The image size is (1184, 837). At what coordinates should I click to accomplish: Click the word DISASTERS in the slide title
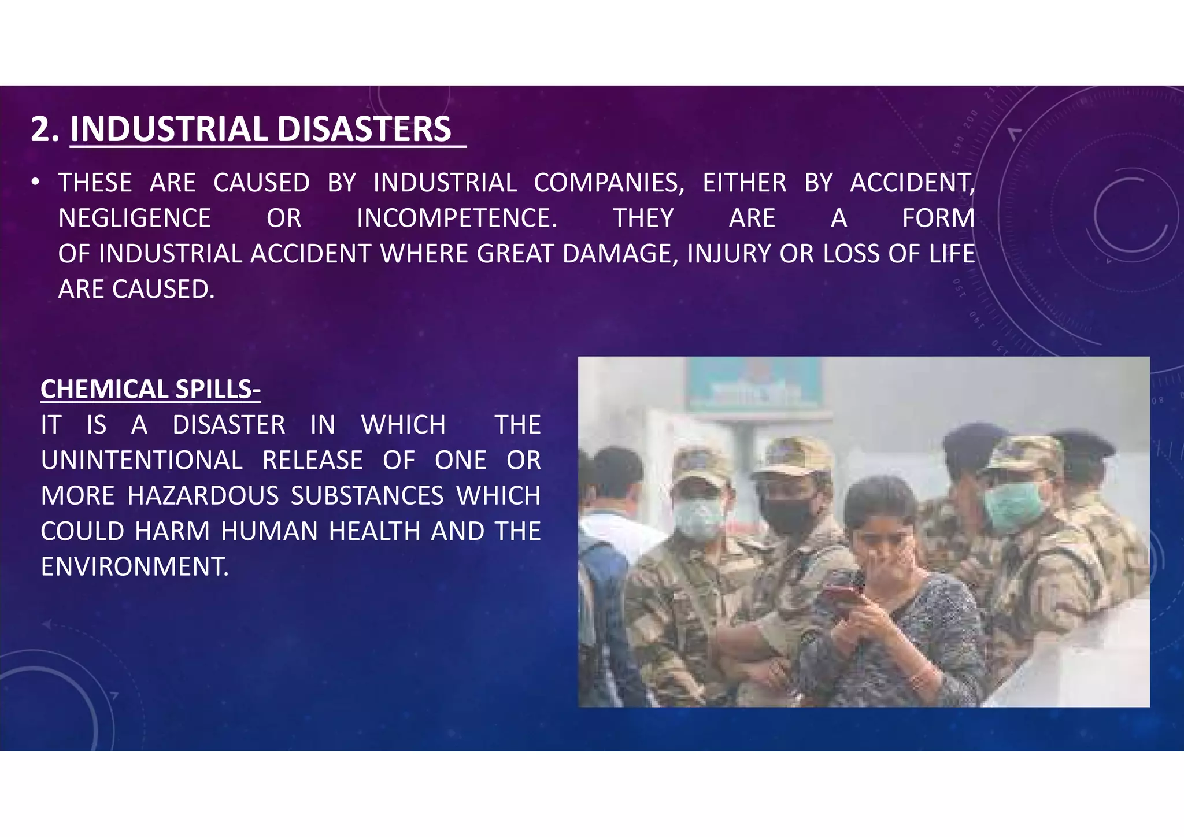point(364,129)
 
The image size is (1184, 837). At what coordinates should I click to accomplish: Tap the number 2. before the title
point(45,129)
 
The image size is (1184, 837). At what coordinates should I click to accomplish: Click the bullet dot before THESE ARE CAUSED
point(36,183)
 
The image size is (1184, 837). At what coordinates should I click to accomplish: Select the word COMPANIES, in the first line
point(609,183)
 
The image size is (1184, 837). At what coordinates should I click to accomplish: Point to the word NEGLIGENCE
point(135,218)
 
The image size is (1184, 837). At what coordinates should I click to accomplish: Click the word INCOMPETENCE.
point(457,218)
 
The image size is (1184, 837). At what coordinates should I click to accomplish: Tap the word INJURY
point(729,254)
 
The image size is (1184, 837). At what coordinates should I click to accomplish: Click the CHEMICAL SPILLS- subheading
point(150,389)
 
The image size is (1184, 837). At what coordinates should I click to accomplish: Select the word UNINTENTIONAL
point(142,461)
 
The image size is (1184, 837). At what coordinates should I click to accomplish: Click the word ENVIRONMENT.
point(135,567)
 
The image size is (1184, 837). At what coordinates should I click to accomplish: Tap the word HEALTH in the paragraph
point(375,532)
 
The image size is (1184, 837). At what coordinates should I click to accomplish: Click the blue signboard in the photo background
point(754,384)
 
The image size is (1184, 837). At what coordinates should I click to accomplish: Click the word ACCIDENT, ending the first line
point(912,183)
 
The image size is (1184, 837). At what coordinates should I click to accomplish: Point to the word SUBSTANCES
point(367,496)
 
